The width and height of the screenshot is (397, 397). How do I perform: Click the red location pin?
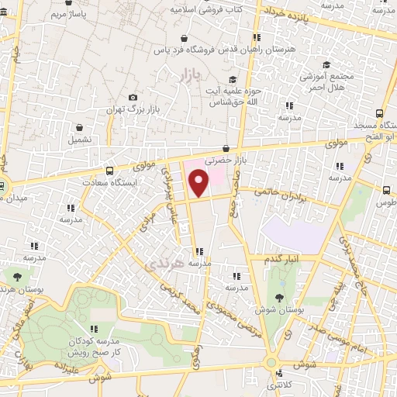click(x=199, y=184)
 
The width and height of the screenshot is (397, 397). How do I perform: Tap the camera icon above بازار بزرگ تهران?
click(x=133, y=96)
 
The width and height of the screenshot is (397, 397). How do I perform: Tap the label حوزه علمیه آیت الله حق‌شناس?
click(x=226, y=96)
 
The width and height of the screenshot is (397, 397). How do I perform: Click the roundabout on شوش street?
click(x=271, y=362)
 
